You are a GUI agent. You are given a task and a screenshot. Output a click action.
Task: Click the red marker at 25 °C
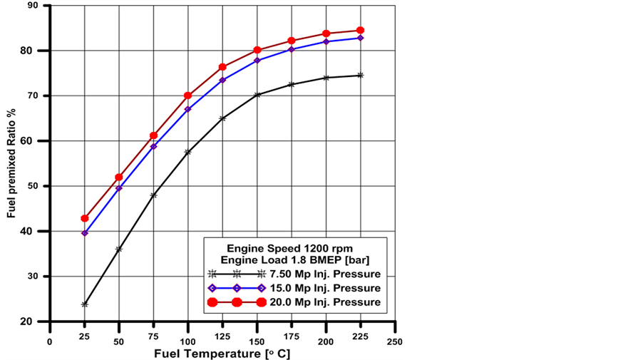click(x=85, y=218)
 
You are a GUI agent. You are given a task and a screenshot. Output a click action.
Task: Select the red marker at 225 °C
click(x=360, y=31)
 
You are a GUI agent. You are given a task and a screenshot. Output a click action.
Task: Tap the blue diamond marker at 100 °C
click(x=188, y=109)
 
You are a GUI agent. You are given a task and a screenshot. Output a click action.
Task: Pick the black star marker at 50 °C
click(x=119, y=250)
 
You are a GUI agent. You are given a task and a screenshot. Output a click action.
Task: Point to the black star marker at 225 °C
click(x=360, y=75)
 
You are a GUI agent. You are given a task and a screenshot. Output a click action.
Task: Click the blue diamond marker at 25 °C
click(x=85, y=233)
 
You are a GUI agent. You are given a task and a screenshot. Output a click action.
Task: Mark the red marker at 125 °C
click(x=222, y=67)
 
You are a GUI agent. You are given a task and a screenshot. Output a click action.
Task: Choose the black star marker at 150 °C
click(x=257, y=95)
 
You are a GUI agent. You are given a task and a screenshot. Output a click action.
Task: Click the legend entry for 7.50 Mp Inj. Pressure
click(x=294, y=274)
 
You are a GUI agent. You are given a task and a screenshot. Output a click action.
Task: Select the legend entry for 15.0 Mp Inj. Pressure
click(x=294, y=288)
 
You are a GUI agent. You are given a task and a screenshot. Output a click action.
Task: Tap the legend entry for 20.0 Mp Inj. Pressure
click(x=294, y=302)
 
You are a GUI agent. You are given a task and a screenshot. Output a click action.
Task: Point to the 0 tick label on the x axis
click(x=50, y=341)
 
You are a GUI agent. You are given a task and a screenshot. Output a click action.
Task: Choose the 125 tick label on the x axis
click(x=222, y=341)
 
